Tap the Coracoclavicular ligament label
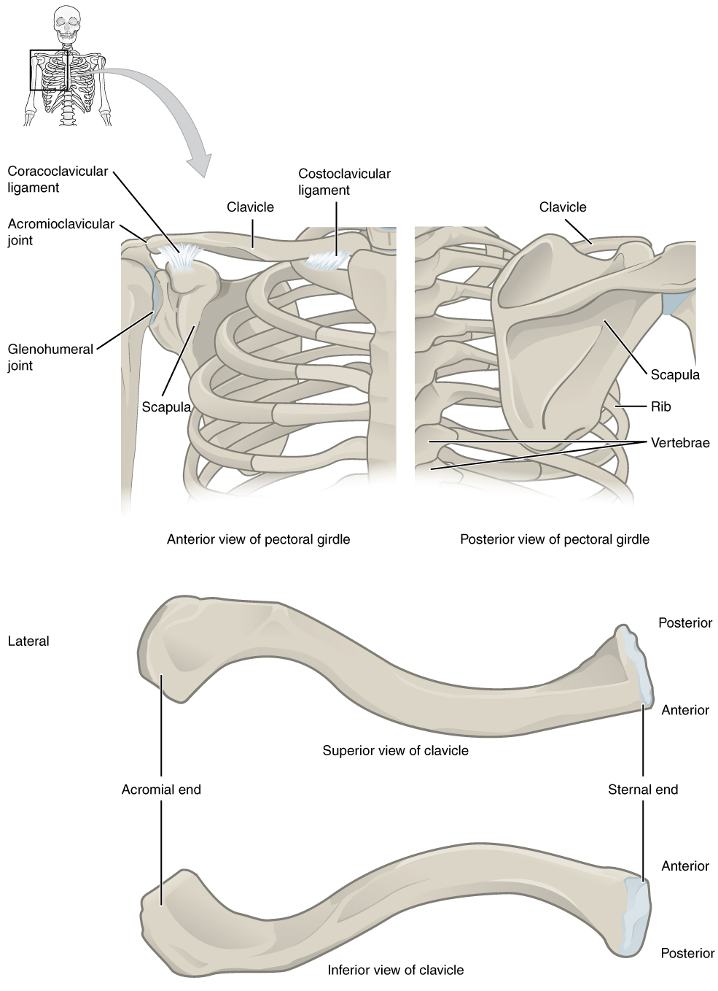(x=58, y=180)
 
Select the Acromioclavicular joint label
(x=61, y=232)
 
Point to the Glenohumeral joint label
(x=50, y=357)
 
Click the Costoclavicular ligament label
(x=344, y=182)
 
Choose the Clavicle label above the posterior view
(x=562, y=207)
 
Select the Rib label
(x=660, y=406)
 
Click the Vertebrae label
(x=679, y=442)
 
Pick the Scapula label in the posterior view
(x=674, y=374)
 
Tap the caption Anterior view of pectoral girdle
(x=258, y=539)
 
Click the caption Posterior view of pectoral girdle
(x=554, y=539)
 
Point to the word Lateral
(x=28, y=641)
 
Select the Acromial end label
(x=161, y=789)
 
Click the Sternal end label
(x=642, y=789)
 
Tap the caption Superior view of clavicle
(x=395, y=750)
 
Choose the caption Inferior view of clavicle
(x=395, y=970)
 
